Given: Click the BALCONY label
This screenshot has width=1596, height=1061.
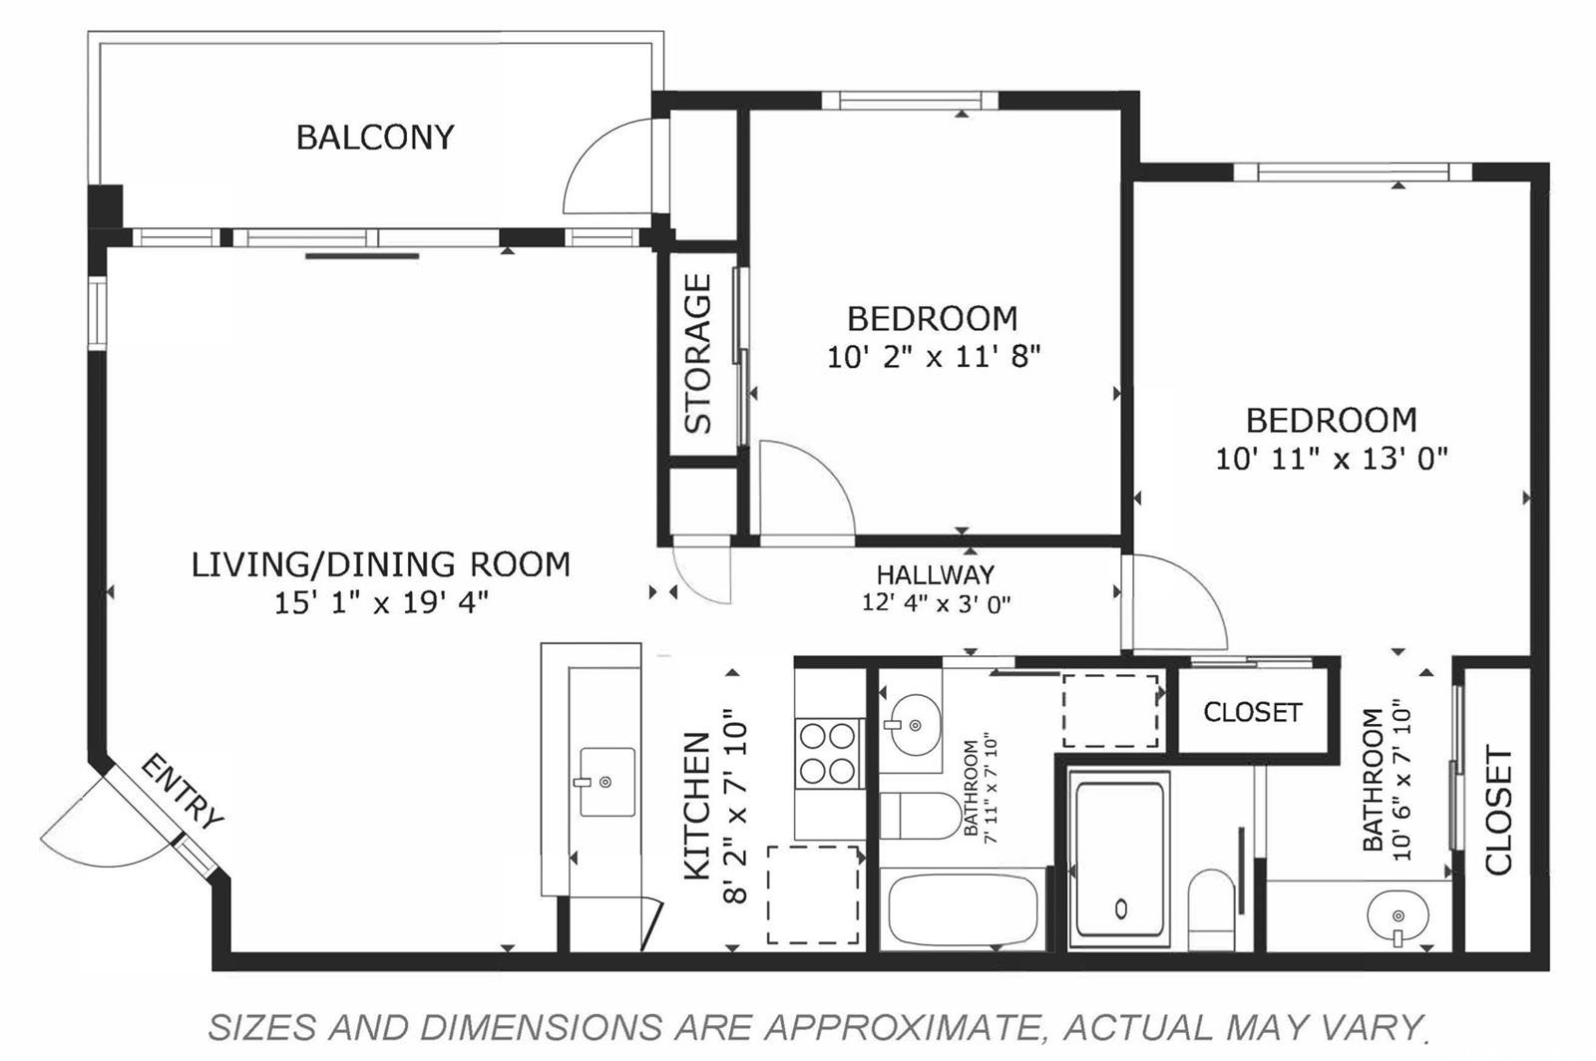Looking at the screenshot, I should [x=375, y=137].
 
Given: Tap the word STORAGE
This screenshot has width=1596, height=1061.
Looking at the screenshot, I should [x=698, y=354].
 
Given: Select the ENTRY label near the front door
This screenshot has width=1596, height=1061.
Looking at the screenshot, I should [x=182, y=793].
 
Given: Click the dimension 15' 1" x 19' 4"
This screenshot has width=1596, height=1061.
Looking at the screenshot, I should [x=381, y=603].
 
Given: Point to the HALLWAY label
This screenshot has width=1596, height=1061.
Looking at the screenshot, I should [x=935, y=575].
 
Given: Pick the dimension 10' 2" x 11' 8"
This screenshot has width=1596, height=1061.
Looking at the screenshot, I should [x=934, y=356].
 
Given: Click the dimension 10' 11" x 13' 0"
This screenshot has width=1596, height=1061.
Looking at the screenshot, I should [x=1331, y=459].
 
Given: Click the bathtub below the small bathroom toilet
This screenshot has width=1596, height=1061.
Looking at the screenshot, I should [x=963, y=909].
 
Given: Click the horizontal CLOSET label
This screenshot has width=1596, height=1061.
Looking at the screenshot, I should [x=1252, y=712].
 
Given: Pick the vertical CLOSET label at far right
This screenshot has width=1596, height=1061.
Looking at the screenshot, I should [x=1498, y=811].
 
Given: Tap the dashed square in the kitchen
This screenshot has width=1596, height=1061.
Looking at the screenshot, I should [x=813, y=894].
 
